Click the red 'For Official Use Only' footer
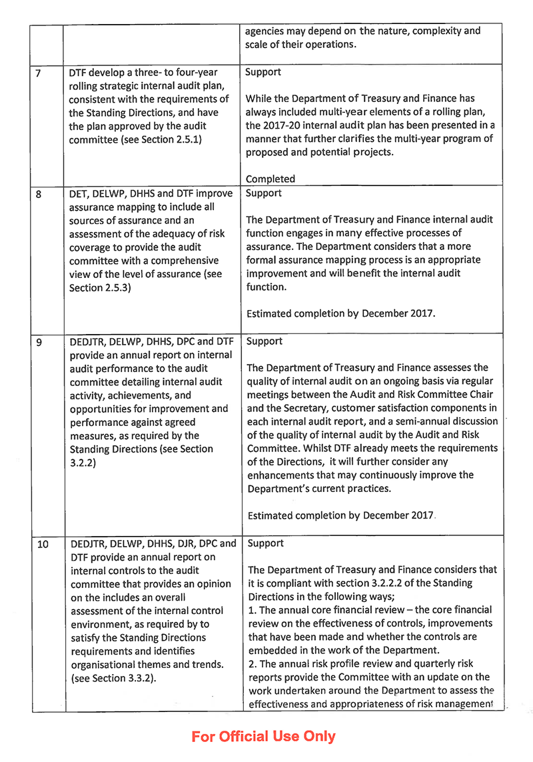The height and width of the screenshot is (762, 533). click(x=264, y=737)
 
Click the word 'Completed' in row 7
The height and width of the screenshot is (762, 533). click(x=270, y=179)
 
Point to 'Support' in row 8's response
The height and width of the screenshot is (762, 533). click(x=263, y=193)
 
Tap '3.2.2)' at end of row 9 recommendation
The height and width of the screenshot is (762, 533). click(x=83, y=462)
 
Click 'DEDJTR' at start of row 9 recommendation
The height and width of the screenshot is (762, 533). click(x=87, y=342)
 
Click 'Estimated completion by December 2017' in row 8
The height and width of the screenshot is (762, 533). click(x=340, y=313)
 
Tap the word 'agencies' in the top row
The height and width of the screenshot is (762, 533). click(x=265, y=31)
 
